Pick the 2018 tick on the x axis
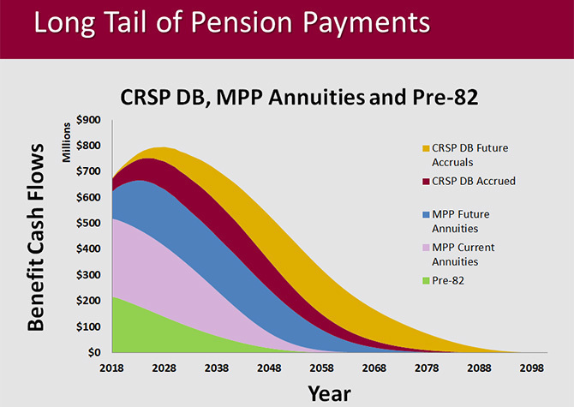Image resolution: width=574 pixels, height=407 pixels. click(112, 367)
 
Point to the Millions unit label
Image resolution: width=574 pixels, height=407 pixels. click(65, 141)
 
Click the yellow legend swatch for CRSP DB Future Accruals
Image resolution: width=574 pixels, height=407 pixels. click(426, 149)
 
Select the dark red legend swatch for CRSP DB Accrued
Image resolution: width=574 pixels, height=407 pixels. click(426, 182)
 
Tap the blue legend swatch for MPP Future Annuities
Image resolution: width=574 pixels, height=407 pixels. click(426, 214)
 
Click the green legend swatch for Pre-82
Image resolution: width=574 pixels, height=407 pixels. click(426, 280)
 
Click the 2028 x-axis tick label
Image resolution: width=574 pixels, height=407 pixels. click(164, 367)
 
